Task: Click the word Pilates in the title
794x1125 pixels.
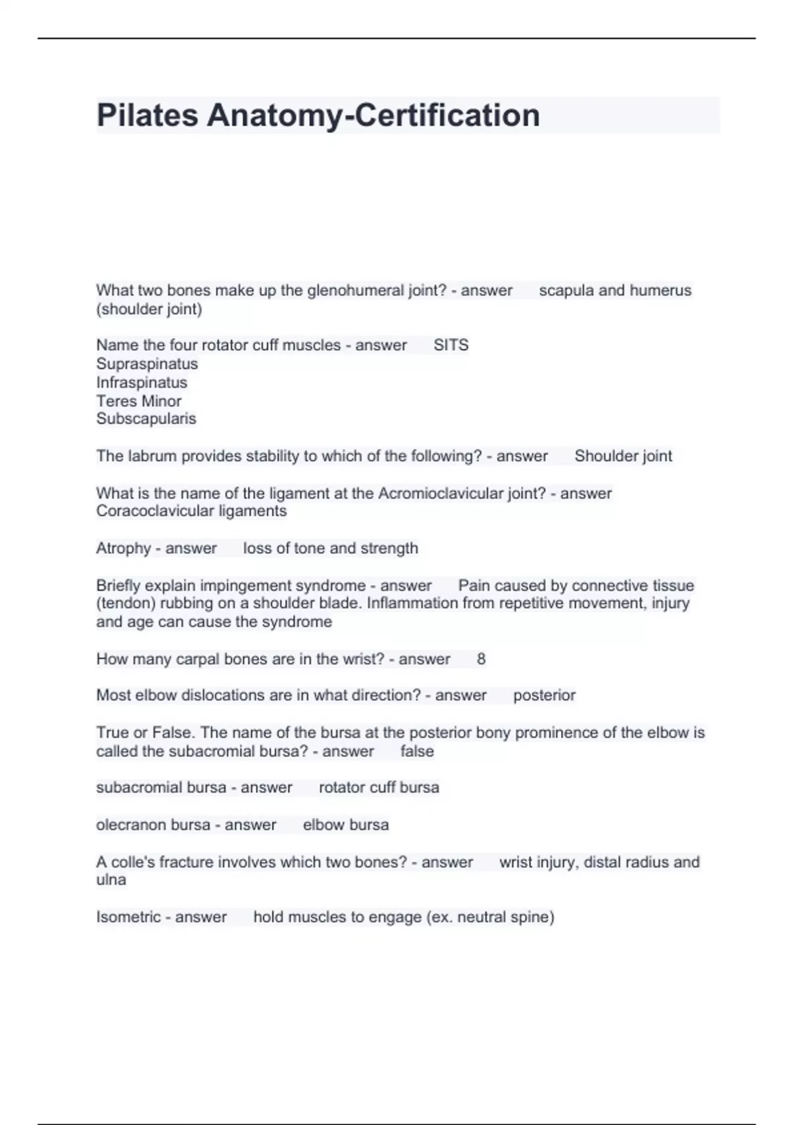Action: click(x=147, y=115)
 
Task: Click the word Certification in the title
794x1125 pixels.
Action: click(x=447, y=115)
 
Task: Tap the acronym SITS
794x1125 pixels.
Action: click(x=451, y=345)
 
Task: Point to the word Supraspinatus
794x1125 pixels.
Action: click(x=147, y=364)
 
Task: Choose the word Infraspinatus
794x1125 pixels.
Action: click(x=142, y=382)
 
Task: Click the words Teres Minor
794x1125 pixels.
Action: click(x=138, y=401)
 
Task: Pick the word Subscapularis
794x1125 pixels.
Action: click(x=146, y=419)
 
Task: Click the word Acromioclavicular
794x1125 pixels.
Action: click(x=439, y=493)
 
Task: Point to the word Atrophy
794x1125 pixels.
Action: click(x=123, y=549)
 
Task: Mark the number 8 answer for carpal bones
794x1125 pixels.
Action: click(x=481, y=659)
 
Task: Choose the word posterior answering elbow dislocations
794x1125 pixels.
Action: click(x=544, y=696)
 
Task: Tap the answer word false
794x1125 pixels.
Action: click(x=417, y=752)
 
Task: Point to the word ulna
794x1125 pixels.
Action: click(x=110, y=880)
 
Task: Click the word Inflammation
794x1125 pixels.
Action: click(x=412, y=604)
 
